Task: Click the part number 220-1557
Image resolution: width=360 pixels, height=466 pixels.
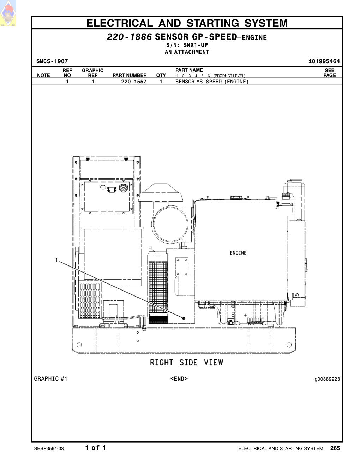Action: coord(134,82)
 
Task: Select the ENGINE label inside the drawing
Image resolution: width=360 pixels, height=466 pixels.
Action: coord(238,253)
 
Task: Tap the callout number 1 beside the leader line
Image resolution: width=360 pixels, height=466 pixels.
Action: coord(56,260)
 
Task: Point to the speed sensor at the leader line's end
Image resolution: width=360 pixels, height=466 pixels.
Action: coord(184,318)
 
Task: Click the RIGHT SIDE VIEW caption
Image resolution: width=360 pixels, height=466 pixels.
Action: coord(187,363)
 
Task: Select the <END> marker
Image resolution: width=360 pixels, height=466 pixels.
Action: coord(179,379)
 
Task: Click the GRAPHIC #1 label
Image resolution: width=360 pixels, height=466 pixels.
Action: coord(50,379)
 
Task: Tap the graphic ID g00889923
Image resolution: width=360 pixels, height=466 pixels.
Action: coord(327,379)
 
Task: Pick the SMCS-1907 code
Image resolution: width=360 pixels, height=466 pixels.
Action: coord(52,61)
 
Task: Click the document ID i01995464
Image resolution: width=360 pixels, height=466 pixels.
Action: coord(324,61)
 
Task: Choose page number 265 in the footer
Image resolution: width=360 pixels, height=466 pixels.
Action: coord(335,448)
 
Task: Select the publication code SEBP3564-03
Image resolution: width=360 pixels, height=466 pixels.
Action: coord(49,448)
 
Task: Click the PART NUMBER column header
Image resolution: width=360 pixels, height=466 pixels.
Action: coord(130,75)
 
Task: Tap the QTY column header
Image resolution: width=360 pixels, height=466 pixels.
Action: coord(161,75)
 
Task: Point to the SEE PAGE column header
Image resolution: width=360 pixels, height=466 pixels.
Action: coord(330,73)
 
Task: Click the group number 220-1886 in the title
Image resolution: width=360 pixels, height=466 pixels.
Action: coord(130,37)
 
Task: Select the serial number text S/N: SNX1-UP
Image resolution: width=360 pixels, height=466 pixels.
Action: coord(187,45)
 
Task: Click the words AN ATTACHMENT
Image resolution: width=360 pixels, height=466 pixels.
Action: coord(187,52)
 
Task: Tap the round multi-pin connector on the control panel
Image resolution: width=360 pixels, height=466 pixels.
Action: coord(122,188)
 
